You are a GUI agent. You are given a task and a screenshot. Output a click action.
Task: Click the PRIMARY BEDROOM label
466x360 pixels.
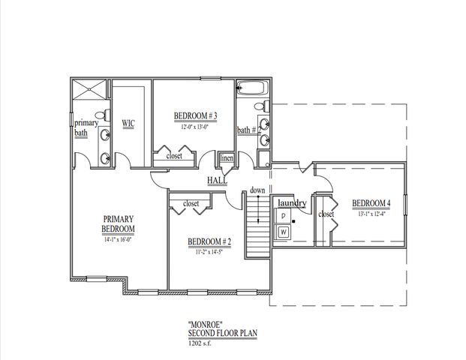[x=119, y=224]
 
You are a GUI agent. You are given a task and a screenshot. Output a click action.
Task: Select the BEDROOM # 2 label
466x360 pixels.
[x=209, y=241]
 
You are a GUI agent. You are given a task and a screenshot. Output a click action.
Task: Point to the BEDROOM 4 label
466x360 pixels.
[x=371, y=203]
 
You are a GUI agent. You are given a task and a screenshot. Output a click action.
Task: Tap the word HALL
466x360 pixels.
[x=218, y=181]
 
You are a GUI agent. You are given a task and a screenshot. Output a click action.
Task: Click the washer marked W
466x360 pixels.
[x=284, y=232]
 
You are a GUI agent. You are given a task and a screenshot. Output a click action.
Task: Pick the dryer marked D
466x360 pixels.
[x=284, y=216]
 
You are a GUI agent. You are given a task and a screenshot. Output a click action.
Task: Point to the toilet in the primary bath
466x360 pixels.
[x=77, y=157]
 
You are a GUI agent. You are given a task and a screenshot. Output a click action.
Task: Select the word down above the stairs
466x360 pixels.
[x=258, y=190]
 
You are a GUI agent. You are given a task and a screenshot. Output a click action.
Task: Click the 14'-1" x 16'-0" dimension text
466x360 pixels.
[x=119, y=240]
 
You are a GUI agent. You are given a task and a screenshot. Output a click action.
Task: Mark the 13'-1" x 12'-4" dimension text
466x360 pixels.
[x=371, y=214]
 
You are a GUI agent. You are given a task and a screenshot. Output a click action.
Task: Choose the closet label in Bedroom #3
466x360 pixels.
[x=175, y=156]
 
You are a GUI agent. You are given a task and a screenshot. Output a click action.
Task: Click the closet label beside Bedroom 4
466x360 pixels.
[x=326, y=214]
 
